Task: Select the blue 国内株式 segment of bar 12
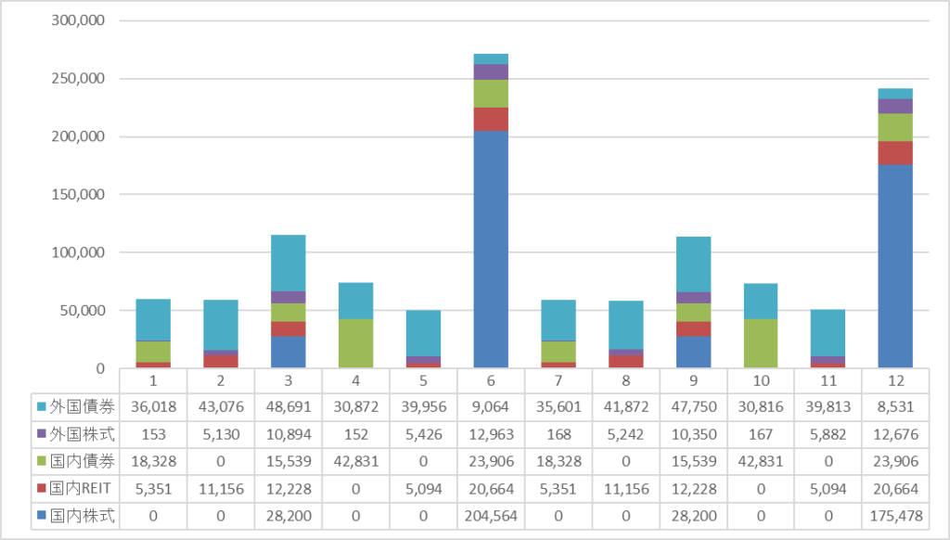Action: [x=895, y=265]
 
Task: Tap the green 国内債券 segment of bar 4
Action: [x=355, y=343]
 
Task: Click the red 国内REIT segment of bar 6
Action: [x=491, y=120]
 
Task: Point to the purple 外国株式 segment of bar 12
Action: [x=895, y=106]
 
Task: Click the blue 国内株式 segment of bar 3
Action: [x=289, y=352]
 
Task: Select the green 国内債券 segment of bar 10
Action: [x=760, y=343]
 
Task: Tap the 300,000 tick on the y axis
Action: [x=79, y=20]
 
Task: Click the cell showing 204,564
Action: [x=491, y=516]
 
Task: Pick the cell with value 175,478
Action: [x=895, y=516]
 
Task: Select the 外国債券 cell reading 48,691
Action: [x=289, y=406]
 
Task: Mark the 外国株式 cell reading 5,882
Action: [x=828, y=433]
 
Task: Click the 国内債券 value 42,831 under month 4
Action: [x=355, y=461]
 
